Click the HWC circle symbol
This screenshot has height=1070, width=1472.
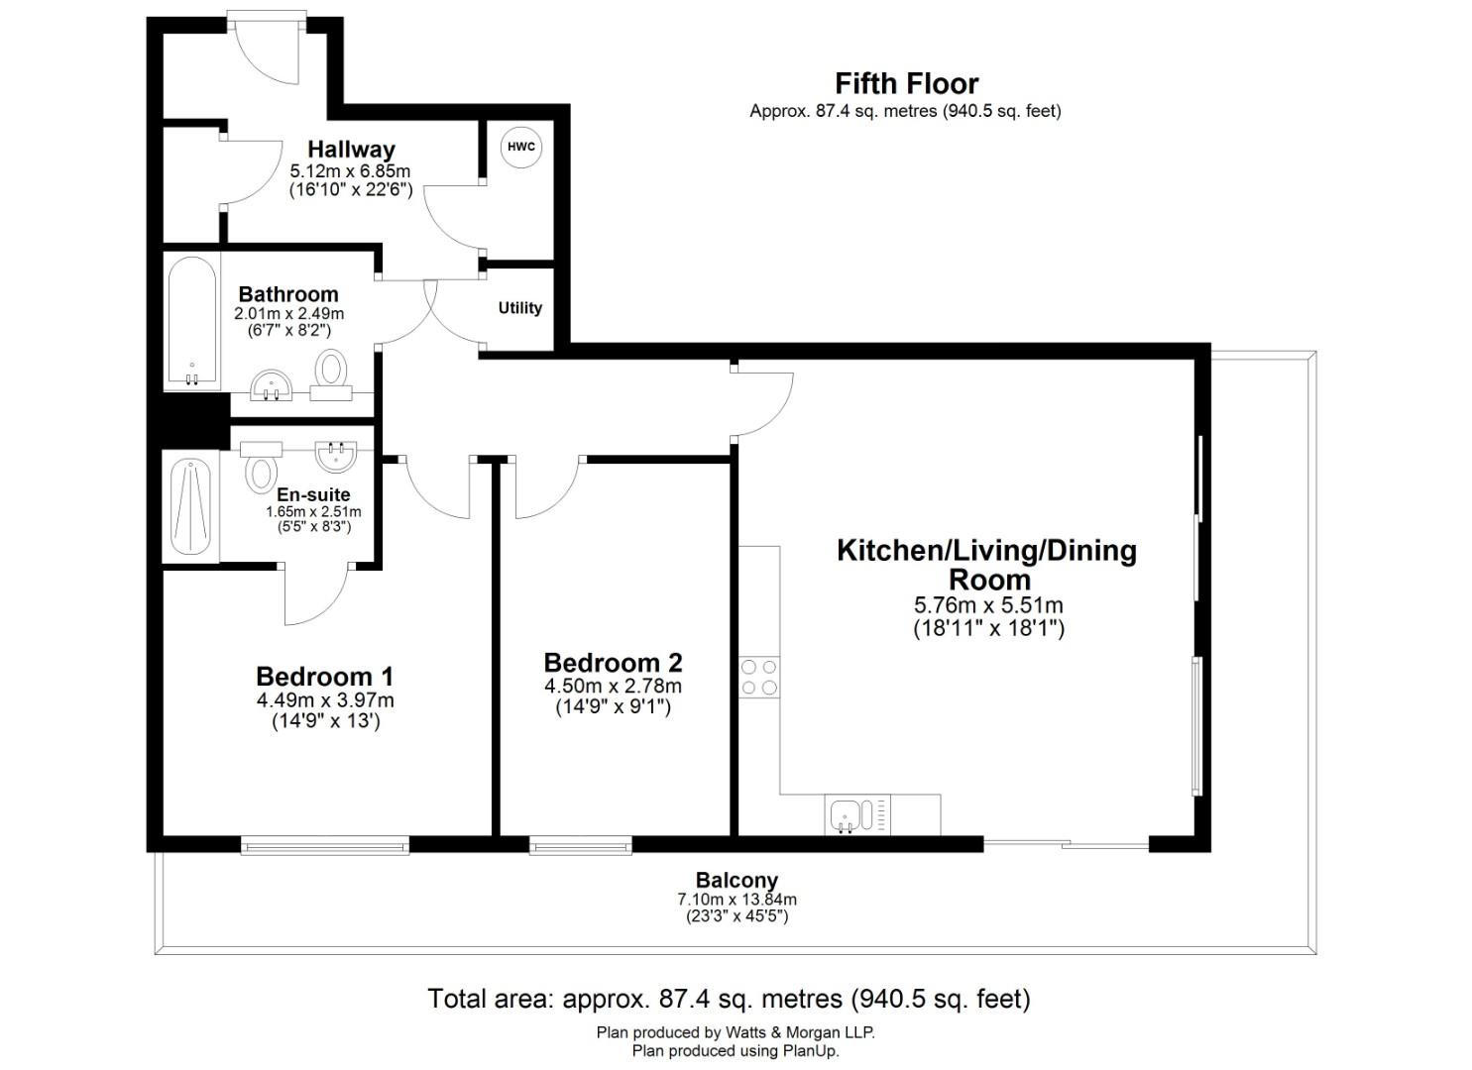pos(520,148)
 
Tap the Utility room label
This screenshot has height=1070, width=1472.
pos(519,308)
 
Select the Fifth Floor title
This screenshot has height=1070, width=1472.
pos(906,83)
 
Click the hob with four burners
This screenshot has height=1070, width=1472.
pos(759,678)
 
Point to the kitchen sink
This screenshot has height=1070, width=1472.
pos(848,815)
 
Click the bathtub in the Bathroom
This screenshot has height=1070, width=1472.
pos(191,323)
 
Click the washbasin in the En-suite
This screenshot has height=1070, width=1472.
pos(336,455)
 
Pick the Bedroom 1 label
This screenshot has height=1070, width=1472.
pos(324,677)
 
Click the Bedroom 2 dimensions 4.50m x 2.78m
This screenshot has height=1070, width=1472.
pos(613,687)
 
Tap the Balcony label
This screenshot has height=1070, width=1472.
pos(736,880)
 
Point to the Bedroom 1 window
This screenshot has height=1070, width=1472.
pos(324,845)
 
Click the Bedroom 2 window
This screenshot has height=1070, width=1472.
pos(580,845)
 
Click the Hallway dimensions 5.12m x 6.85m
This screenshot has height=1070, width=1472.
pos(350,171)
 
